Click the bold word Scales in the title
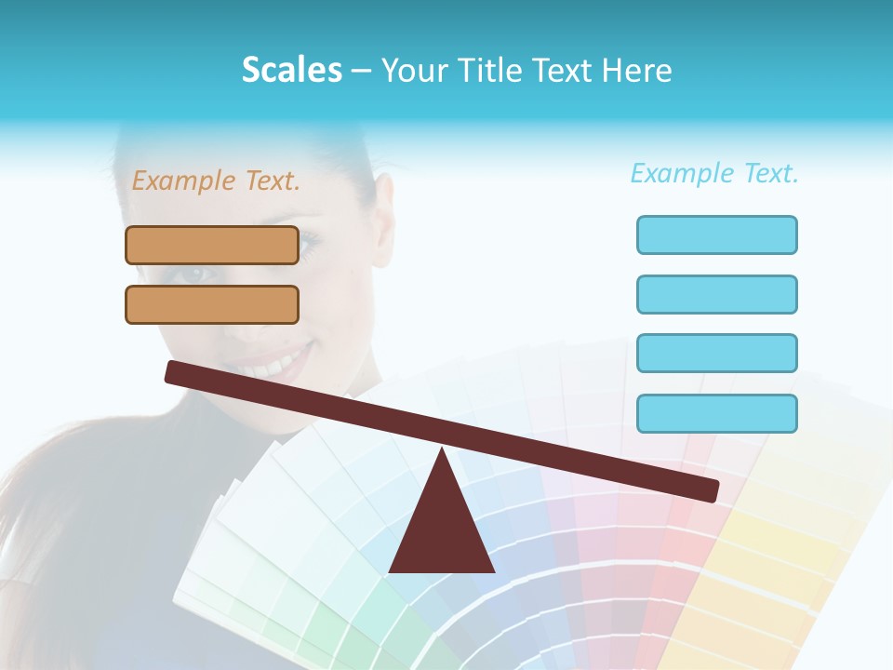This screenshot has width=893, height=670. pos(291,70)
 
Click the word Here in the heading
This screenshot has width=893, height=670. pos(637,70)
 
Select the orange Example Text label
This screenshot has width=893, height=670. pos(216,181)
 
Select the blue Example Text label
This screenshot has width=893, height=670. pos(714,173)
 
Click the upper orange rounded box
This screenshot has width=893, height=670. pos(212,245)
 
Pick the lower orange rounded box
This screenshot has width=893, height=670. pos(212,304)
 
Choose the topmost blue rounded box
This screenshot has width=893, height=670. pos(716,234)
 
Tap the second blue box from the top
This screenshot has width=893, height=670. pos(716,294)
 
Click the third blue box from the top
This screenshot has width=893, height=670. pos(716,353)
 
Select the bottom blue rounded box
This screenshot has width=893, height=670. pos(716,413)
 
